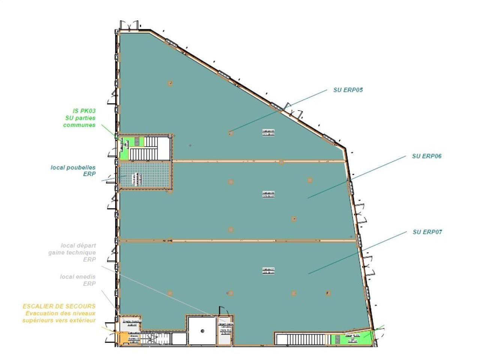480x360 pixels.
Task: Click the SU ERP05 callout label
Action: pyautogui.click(x=348, y=90)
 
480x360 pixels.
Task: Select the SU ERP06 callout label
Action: pyautogui.click(x=426, y=156)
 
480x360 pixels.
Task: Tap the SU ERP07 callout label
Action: pyautogui.click(x=427, y=232)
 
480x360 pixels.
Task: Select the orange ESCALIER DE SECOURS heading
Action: pyautogui.click(x=59, y=306)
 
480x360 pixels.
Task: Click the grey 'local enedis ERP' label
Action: pyautogui.click(x=78, y=280)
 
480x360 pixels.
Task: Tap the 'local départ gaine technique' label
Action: pyautogui.click(x=72, y=252)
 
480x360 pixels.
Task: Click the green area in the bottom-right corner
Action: pyautogui.click(x=351, y=339)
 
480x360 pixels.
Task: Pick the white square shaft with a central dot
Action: pyautogui.click(x=202, y=331)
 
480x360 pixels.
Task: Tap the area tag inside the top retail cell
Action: pyautogui.click(x=268, y=132)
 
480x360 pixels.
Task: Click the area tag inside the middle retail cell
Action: pyautogui.click(x=268, y=194)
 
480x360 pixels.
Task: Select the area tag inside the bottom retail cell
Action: pyautogui.click(x=268, y=270)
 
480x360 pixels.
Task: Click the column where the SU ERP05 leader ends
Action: pyautogui.click(x=230, y=132)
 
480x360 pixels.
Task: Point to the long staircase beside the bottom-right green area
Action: pyautogui.click(x=303, y=339)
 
